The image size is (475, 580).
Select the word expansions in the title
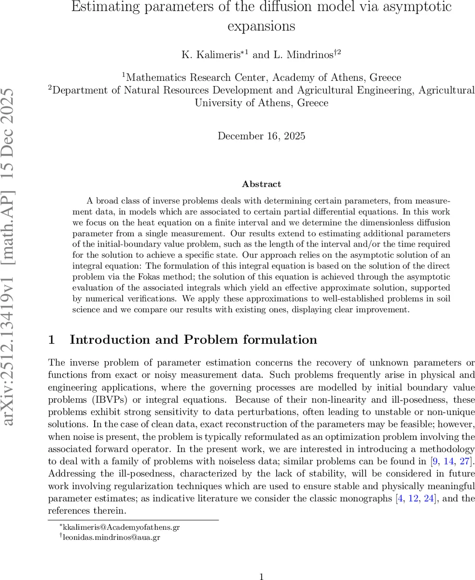(261, 26)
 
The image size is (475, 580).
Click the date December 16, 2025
(261, 136)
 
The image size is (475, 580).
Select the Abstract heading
(261, 184)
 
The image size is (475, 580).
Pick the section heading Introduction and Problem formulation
(193, 340)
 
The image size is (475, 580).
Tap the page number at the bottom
(261, 576)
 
